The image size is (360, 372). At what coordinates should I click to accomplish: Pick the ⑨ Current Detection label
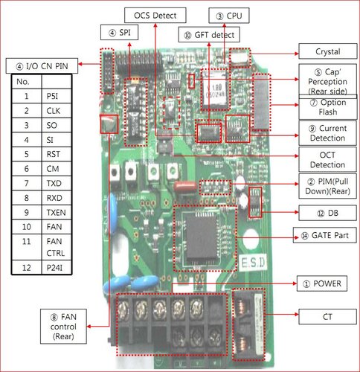pos(327,132)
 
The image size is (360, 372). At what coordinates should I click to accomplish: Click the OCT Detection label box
pos(327,159)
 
